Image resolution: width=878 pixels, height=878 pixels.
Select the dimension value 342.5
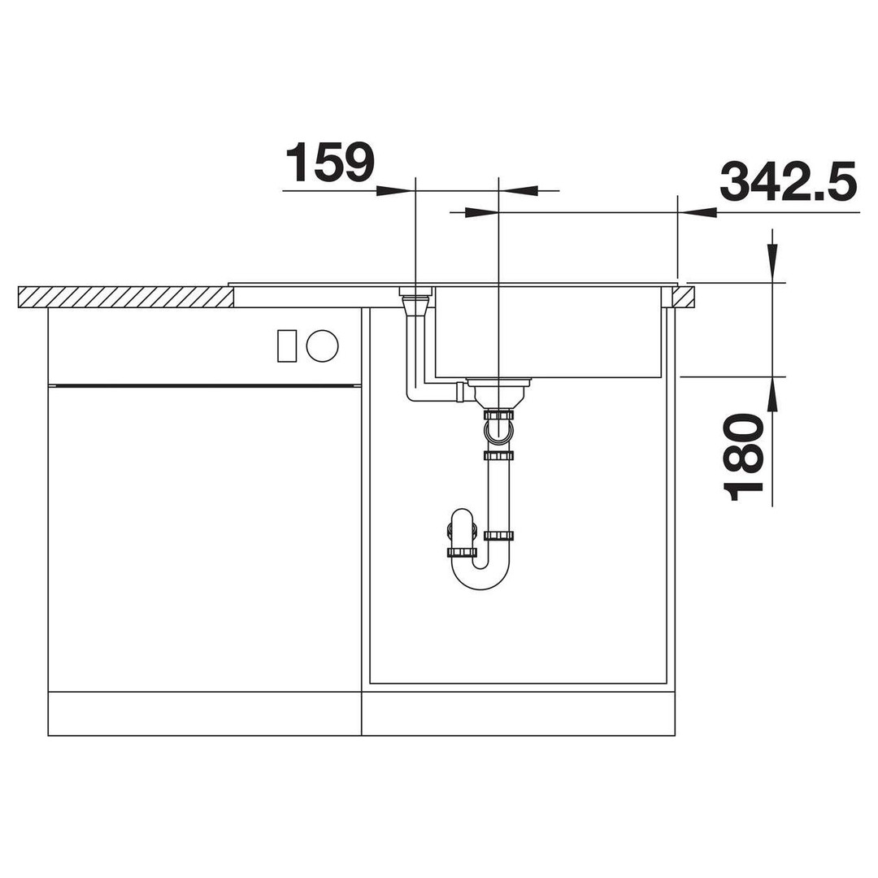coord(789,180)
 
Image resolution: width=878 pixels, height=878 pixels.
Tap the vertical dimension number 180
coord(744,456)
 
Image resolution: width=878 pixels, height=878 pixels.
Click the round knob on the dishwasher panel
coord(323,346)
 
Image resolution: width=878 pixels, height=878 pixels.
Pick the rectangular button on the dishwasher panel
coord(287,346)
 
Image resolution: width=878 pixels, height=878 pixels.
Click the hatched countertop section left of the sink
coord(126,297)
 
